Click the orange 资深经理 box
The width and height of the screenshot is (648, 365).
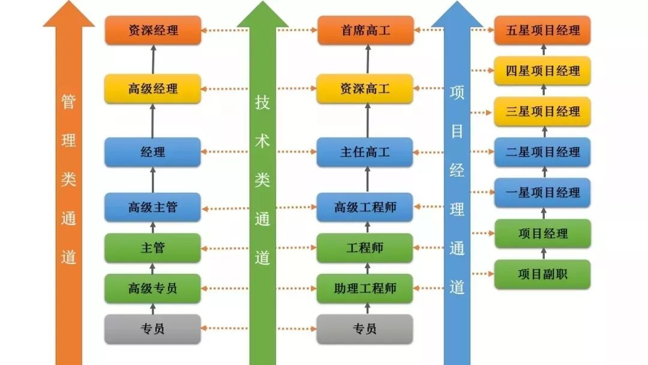click(x=153, y=30)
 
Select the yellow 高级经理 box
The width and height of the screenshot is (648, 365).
click(x=153, y=89)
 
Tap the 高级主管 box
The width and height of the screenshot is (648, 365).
click(x=153, y=208)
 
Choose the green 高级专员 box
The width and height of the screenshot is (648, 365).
click(x=153, y=289)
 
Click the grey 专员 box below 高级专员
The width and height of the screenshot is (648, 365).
click(x=153, y=329)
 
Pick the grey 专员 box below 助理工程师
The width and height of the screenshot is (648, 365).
click(x=365, y=329)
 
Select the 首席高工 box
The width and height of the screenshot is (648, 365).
click(x=365, y=30)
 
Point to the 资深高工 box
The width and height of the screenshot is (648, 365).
click(x=365, y=89)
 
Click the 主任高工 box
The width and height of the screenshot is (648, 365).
click(x=365, y=152)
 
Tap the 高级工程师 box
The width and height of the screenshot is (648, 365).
click(x=365, y=208)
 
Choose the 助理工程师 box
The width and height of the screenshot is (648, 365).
click(x=365, y=289)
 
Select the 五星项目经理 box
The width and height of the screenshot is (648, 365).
click(x=542, y=30)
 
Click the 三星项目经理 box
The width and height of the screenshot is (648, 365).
click(x=542, y=112)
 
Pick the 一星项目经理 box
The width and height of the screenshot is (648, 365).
click(x=542, y=193)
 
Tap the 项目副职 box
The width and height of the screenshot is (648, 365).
click(x=542, y=274)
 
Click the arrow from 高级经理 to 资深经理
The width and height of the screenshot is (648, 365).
click(x=153, y=59)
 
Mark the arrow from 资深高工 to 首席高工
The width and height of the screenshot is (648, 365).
click(x=367, y=59)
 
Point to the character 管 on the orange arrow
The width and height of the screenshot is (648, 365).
click(x=68, y=102)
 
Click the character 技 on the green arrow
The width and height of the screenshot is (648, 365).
click(x=262, y=102)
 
